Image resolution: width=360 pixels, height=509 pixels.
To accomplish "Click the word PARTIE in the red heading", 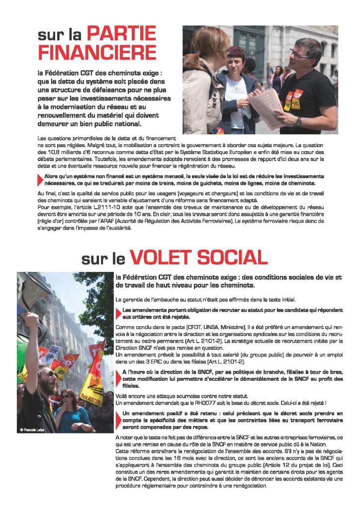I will coord(121,35).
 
